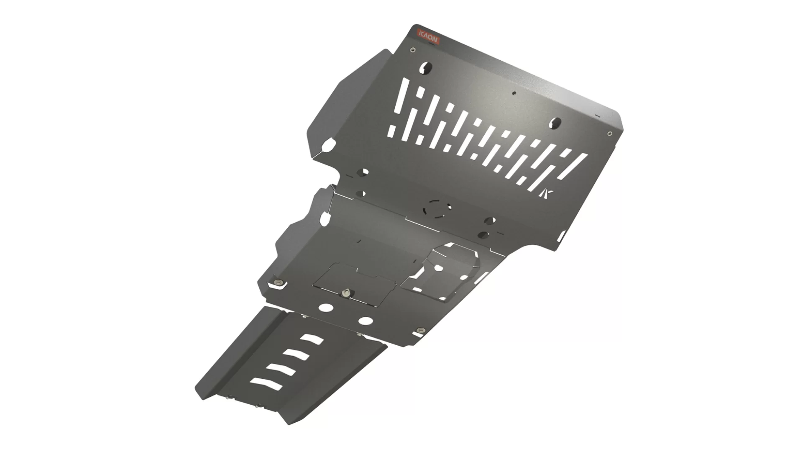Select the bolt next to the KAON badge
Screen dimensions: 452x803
click(413, 50)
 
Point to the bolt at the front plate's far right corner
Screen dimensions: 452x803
click(609, 134)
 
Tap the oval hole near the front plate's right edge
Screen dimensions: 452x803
click(556, 123)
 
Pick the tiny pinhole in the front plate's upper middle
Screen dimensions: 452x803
click(515, 93)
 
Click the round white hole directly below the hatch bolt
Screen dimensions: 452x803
click(326, 308)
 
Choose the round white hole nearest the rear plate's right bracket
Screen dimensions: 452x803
click(366, 321)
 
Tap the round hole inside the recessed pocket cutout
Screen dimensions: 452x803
click(437, 267)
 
